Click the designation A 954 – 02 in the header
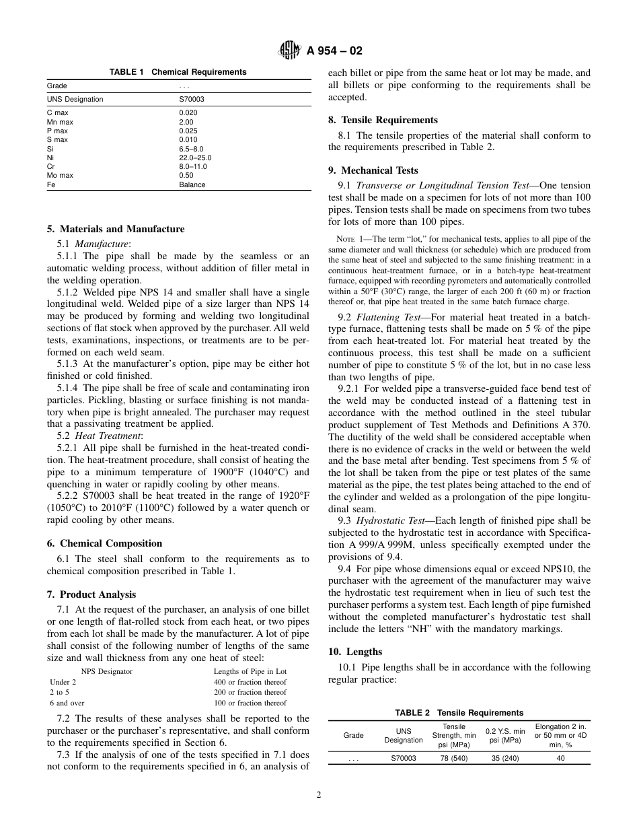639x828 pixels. [334, 50]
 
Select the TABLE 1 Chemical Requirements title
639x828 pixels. [178, 72]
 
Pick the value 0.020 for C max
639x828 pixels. [188, 112]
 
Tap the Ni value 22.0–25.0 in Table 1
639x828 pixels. [195, 158]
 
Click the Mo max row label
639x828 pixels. [60, 175]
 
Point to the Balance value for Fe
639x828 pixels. [192, 184]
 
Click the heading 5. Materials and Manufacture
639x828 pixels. [115, 229]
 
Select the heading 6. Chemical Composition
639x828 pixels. [104, 543]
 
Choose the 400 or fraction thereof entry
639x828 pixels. [250, 682]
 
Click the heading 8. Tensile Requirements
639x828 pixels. [383, 120]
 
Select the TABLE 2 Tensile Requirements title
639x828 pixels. [459, 712]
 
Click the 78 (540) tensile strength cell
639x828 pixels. [453, 758]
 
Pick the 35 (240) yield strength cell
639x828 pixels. [505, 758]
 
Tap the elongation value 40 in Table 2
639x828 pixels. [560, 758]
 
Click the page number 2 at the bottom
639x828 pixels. [319, 794]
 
